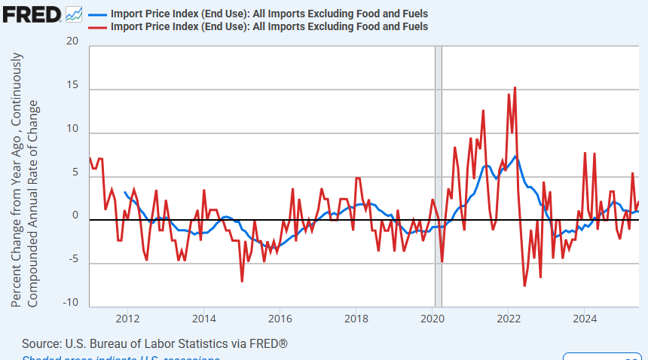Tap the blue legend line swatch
coord(97,14)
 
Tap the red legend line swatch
coord(97,26)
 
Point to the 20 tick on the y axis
coord(72,41)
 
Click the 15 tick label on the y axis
coord(72,85)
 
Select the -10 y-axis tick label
coord(70,303)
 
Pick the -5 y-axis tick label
coord(72,259)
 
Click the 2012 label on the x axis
coord(127,317)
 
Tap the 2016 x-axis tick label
coord(280,317)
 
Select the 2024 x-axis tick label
coord(585,317)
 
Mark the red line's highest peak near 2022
coord(515,88)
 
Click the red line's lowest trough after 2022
coord(525,285)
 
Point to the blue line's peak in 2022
coord(515,157)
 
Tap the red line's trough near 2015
coord(242,281)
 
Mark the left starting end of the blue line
coord(125,192)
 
